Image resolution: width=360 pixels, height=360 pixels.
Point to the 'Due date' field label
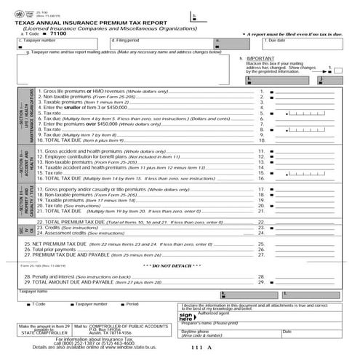pyautogui.click(x=276, y=40)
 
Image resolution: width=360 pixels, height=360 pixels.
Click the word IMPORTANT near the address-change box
pyautogui.click(x=260, y=57)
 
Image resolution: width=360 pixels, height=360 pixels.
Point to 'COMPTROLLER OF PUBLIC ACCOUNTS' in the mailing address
pyautogui.click(x=129, y=327)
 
